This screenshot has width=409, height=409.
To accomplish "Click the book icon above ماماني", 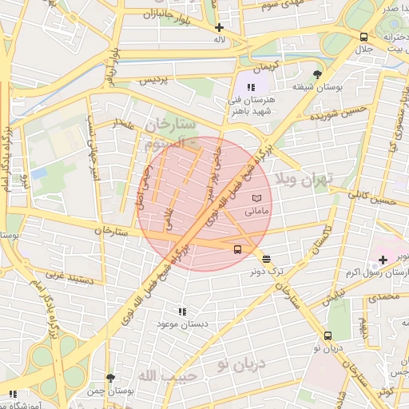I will click(x=256, y=197).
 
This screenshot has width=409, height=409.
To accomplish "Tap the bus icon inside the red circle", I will click(x=237, y=249).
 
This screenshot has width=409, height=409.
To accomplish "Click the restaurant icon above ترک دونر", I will click(x=266, y=258).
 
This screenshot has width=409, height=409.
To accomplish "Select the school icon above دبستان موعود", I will click(x=182, y=312).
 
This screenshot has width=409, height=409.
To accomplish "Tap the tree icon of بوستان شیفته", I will click(x=318, y=74).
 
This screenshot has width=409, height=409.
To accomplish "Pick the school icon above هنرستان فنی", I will click(x=252, y=87).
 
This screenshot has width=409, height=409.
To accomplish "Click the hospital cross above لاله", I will click(x=220, y=27).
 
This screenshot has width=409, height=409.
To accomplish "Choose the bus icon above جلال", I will click(x=364, y=37).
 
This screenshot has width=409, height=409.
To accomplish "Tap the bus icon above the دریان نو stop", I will click(x=328, y=336).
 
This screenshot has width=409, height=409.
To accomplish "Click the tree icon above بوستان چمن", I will click(x=110, y=378).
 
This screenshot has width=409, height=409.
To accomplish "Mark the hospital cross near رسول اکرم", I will click(x=383, y=260).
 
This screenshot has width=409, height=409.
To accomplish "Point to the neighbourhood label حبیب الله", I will click(x=159, y=375).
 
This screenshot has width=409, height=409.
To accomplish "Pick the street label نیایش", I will click(x=335, y=296).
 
